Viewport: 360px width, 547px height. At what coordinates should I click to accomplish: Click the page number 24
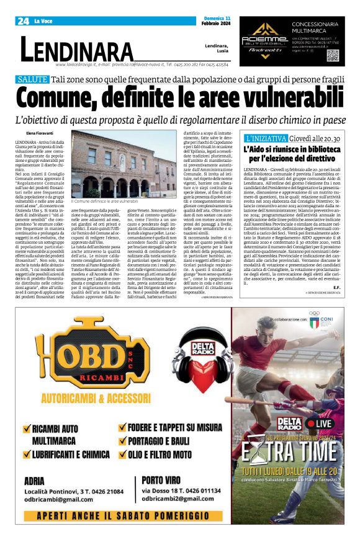click(x=23, y=21)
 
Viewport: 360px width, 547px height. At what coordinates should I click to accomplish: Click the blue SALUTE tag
click(x=33, y=79)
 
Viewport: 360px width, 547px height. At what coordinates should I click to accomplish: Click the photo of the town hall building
click(x=124, y=164)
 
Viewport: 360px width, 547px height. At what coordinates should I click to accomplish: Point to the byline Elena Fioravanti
click(x=40, y=133)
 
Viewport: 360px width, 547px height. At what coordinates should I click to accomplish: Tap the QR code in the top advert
click(x=333, y=55)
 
